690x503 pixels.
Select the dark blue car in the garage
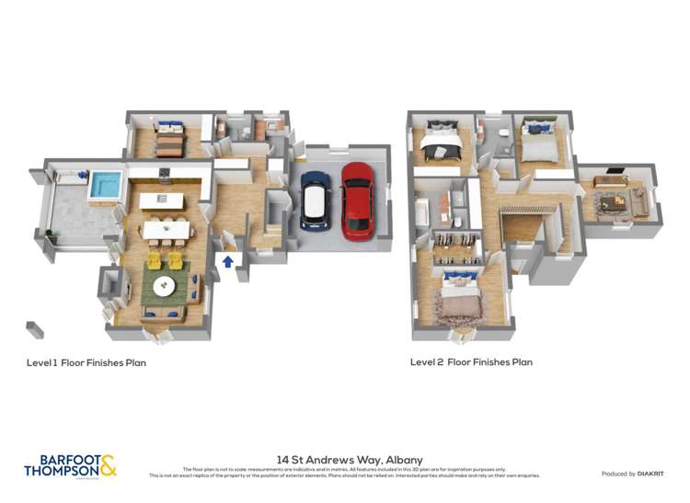click(x=315, y=195)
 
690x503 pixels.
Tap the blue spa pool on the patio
click(x=104, y=185)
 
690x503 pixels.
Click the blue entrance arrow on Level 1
click(x=227, y=262)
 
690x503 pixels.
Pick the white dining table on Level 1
click(x=166, y=226)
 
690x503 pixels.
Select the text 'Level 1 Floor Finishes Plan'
click(x=86, y=362)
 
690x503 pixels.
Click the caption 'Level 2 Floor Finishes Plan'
click(x=471, y=362)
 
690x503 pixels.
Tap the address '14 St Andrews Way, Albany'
click(x=350, y=459)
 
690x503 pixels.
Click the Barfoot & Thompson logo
click(x=71, y=465)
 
